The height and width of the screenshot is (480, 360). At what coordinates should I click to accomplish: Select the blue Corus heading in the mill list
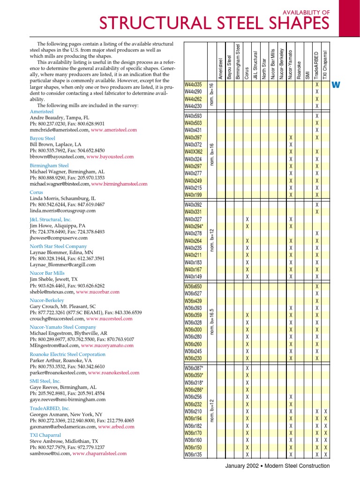click(x=37, y=192)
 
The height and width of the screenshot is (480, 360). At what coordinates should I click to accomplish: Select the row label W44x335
click(x=193, y=85)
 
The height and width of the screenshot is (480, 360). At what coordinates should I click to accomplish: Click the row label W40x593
click(x=193, y=116)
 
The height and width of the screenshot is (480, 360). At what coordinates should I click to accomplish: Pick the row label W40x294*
click(x=194, y=226)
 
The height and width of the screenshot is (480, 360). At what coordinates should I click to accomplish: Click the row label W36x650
click(x=193, y=286)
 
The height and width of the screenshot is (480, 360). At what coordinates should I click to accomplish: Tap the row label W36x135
click(x=193, y=455)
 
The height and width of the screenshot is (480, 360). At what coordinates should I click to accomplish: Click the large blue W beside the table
click(x=335, y=85)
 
